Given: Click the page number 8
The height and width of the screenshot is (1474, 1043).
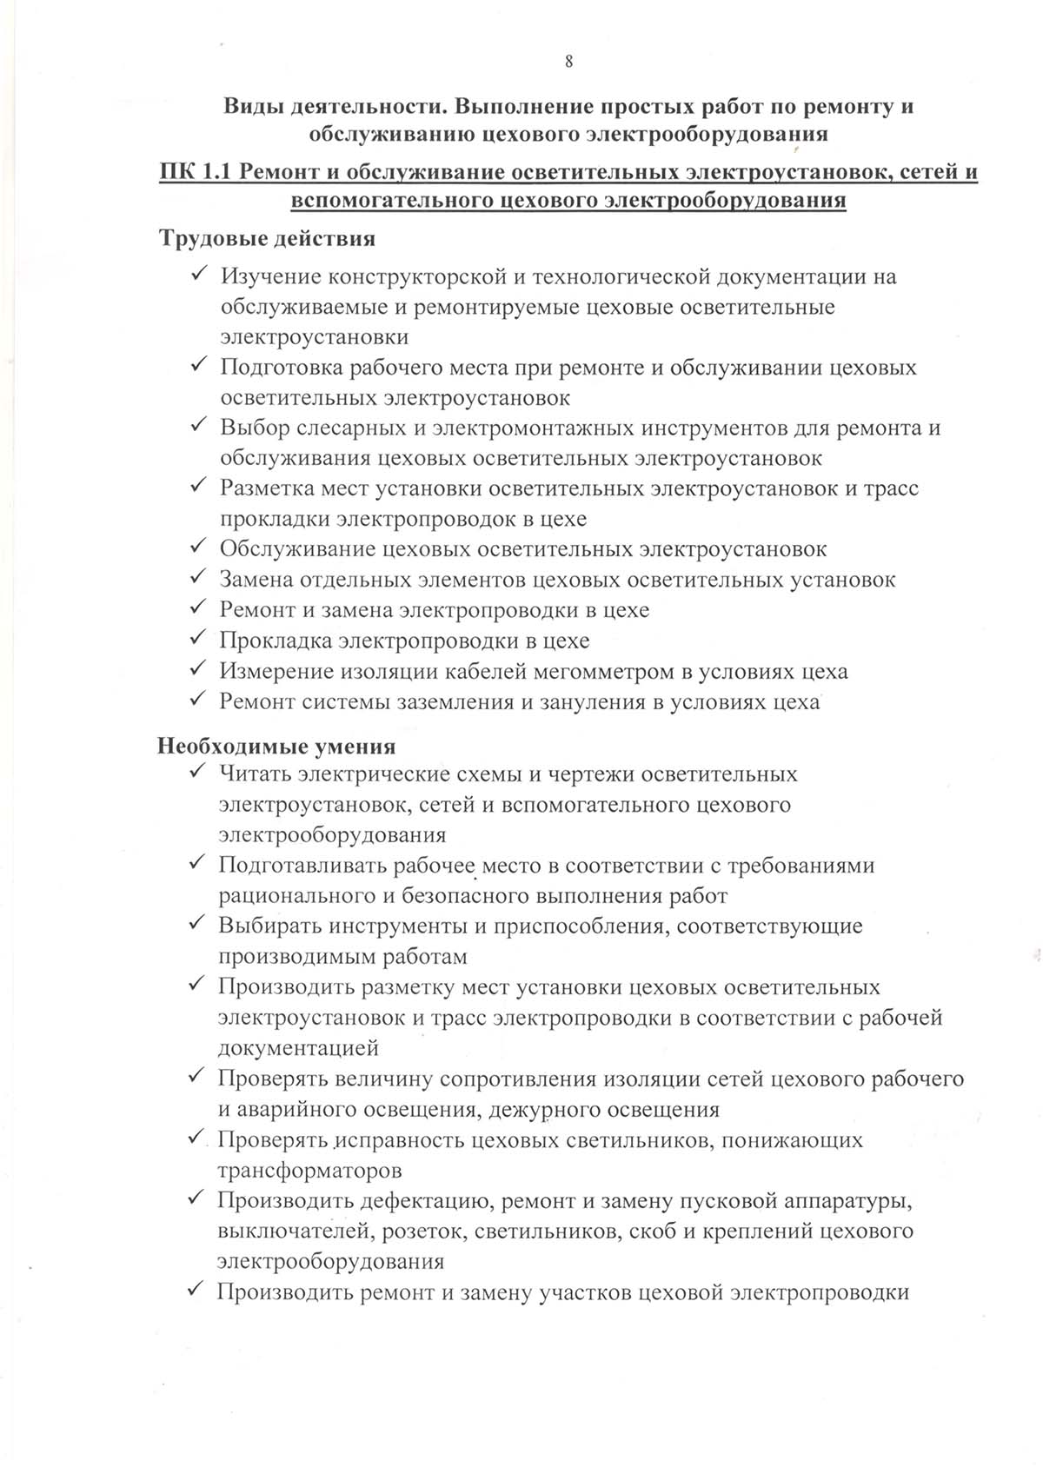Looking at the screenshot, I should pyautogui.click(x=568, y=61).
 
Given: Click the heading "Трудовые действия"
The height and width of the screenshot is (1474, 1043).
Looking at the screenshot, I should pyautogui.click(x=267, y=238).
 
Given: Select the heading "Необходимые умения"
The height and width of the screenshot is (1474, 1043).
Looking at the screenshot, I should pyautogui.click(x=276, y=746).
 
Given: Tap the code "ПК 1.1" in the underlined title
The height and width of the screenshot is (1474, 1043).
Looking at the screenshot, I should pyautogui.click(x=196, y=172).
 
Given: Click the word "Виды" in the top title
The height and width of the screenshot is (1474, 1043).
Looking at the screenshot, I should pyautogui.click(x=251, y=107).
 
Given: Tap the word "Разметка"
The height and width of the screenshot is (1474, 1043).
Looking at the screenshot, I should pyautogui.click(x=263, y=488).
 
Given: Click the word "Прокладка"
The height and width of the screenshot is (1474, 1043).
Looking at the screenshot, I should pyautogui.click(x=274, y=641).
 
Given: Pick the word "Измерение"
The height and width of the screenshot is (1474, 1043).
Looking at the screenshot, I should pyautogui.click(x=273, y=672).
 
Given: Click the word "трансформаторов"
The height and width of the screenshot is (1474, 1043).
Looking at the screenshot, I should pyautogui.click(x=309, y=1171).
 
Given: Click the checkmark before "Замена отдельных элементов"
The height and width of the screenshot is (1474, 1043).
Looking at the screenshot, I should pyautogui.click(x=196, y=577).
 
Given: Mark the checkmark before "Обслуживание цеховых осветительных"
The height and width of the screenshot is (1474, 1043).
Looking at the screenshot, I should pyautogui.click(x=196, y=547).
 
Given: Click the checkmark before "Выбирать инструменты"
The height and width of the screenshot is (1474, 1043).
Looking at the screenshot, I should pyautogui.click(x=196, y=923).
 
